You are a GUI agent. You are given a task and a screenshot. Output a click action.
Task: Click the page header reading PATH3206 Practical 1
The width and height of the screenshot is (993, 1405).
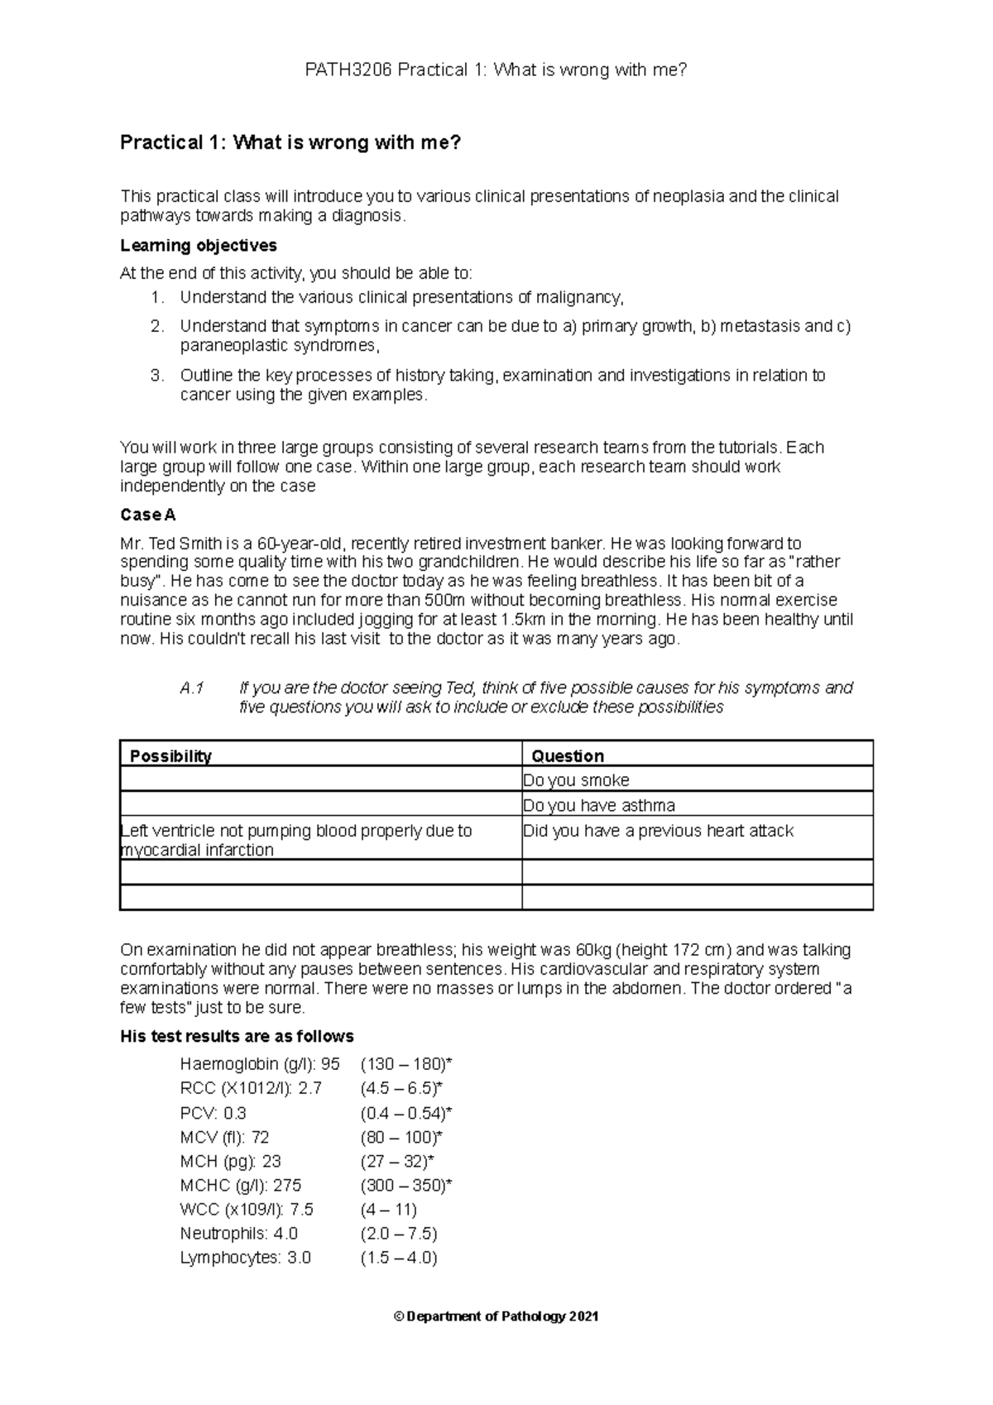point(496,70)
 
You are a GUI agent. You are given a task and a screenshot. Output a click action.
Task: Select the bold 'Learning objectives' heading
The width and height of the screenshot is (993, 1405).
point(198,246)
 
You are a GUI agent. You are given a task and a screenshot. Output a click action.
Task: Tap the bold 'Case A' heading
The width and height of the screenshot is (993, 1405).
point(147,515)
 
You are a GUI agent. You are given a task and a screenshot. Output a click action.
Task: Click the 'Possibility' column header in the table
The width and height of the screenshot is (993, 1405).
point(170,755)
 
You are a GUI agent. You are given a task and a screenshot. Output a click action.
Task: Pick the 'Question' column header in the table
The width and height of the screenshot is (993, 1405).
point(567,755)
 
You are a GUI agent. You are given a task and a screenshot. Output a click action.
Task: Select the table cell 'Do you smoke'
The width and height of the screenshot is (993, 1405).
point(576,780)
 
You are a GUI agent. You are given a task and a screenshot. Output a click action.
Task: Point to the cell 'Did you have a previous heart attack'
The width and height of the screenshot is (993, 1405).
point(658,831)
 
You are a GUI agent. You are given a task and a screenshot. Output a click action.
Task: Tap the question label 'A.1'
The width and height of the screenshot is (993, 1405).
point(191,688)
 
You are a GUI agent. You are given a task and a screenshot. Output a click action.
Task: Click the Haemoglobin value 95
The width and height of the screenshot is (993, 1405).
point(330,1064)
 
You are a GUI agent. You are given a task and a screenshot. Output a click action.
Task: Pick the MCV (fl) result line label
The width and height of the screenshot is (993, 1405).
point(213,1137)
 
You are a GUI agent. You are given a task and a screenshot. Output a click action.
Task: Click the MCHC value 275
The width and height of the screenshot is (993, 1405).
point(286,1185)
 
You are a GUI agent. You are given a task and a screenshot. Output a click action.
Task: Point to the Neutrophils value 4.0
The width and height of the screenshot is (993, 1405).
point(285,1233)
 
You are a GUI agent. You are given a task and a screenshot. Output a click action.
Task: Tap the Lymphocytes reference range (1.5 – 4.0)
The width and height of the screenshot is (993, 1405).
point(399,1258)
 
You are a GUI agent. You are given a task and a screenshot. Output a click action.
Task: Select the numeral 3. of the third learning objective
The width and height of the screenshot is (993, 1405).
point(157,376)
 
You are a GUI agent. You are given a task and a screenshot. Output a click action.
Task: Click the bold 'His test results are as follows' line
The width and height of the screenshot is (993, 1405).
point(237,1036)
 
